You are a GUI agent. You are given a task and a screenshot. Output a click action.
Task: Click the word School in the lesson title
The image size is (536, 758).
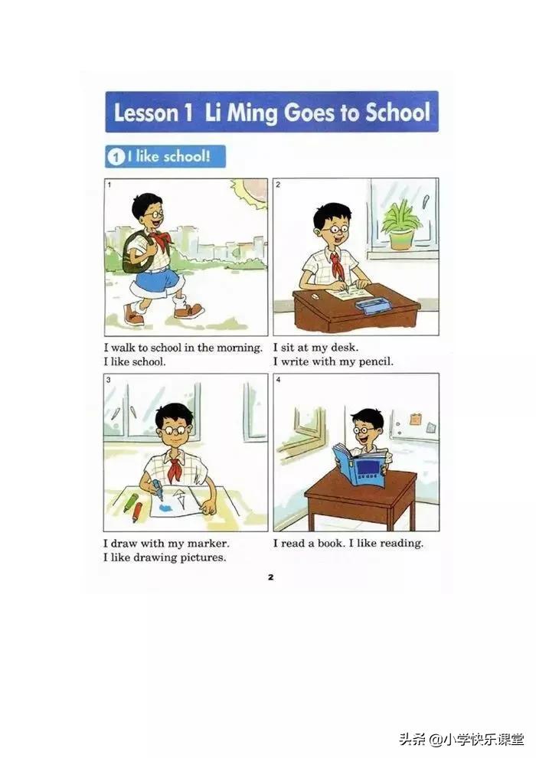click(x=397, y=112)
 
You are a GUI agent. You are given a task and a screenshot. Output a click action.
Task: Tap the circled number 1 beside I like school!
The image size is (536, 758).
click(x=116, y=157)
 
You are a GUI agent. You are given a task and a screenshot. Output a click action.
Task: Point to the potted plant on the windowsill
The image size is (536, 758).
click(x=400, y=225)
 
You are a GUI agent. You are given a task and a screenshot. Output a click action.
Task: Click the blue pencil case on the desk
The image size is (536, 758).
click(x=372, y=305)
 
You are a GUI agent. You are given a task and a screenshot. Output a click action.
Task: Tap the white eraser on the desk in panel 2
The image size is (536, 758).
click(x=315, y=296)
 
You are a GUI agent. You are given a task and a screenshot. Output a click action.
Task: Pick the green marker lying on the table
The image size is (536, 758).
click(x=129, y=502)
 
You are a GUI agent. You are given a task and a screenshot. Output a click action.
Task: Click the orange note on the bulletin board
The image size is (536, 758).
click(x=416, y=419)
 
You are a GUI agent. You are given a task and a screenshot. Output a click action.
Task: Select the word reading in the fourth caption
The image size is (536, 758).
click(x=401, y=544)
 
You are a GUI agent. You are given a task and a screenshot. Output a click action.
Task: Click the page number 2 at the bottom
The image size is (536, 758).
click(x=270, y=577)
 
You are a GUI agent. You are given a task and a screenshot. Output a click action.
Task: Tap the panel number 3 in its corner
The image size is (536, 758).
click(x=108, y=380)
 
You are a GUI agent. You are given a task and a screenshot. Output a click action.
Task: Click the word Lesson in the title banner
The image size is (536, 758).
click(x=146, y=113)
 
